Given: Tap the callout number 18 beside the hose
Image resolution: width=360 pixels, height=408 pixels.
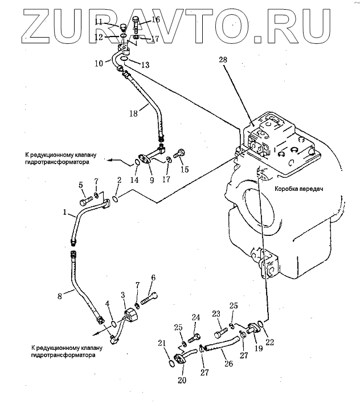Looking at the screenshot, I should [133, 114].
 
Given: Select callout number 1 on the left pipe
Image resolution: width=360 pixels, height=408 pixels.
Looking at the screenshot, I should [66, 214].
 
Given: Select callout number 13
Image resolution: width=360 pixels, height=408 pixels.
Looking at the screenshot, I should [145, 66].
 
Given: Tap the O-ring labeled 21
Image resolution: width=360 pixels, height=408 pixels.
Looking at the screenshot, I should [171, 360].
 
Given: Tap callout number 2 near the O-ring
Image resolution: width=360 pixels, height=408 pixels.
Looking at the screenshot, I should [119, 181].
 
